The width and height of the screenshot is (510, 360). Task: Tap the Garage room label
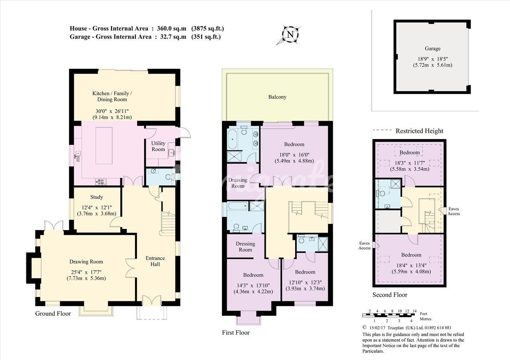click(433, 49)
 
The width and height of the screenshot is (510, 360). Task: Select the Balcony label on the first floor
click(277, 97)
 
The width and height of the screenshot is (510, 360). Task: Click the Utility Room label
click(158, 146)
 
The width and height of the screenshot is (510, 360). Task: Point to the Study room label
click(96, 197)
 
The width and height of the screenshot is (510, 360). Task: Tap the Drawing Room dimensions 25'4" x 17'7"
click(86, 272)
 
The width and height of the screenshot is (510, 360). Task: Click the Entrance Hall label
click(155, 261)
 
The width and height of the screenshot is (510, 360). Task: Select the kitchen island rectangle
click(104, 146)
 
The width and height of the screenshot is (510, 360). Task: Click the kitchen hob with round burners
click(101, 182)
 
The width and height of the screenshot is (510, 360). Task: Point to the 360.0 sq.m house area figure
click(171, 28)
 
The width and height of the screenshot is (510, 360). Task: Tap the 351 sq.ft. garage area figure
click(206, 37)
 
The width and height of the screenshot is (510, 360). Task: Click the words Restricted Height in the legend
click(420, 131)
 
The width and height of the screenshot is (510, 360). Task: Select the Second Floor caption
click(390, 295)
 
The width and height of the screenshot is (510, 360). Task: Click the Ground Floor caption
click(53, 313)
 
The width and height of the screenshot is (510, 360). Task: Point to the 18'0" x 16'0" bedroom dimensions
click(294, 155)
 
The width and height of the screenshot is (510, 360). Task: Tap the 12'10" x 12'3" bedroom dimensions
click(305, 283)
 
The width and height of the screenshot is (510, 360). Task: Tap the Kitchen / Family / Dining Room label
click(112, 96)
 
